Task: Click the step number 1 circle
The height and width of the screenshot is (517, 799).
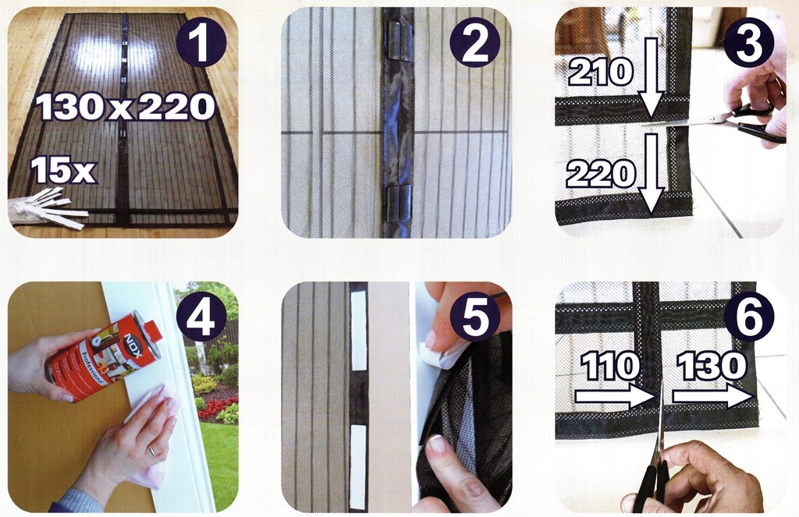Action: (201, 44)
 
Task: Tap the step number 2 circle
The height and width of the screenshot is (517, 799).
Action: (474, 44)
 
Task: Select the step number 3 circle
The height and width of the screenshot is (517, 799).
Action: (748, 44)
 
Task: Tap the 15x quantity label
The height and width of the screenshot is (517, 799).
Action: (63, 170)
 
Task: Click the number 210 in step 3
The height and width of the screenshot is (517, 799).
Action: (601, 72)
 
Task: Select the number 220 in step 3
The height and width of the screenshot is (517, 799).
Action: (601, 174)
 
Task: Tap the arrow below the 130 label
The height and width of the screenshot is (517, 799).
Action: (713, 396)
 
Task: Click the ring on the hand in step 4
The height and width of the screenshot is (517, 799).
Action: (152, 451)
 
